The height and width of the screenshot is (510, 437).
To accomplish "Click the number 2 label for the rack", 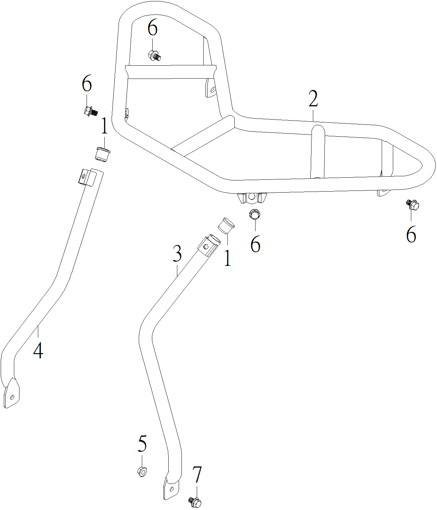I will [x=313, y=99].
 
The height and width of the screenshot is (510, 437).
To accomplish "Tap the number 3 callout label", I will [x=177, y=254].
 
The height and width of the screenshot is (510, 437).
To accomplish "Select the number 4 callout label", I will [x=38, y=350].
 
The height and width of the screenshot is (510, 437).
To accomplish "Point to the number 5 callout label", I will [x=142, y=444].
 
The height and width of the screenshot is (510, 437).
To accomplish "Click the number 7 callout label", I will [x=197, y=475].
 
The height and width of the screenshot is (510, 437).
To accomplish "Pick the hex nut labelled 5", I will [x=142, y=471].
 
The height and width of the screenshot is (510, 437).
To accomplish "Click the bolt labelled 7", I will [x=195, y=502].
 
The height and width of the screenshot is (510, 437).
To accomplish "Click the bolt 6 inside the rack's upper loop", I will [x=154, y=55].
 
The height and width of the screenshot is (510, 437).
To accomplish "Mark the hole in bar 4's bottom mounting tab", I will [x=12, y=397].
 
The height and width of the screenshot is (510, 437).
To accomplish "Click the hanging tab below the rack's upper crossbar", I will [x=211, y=88].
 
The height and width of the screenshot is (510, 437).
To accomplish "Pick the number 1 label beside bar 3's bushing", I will [x=227, y=258].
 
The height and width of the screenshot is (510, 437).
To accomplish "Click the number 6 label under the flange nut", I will [x=255, y=244].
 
